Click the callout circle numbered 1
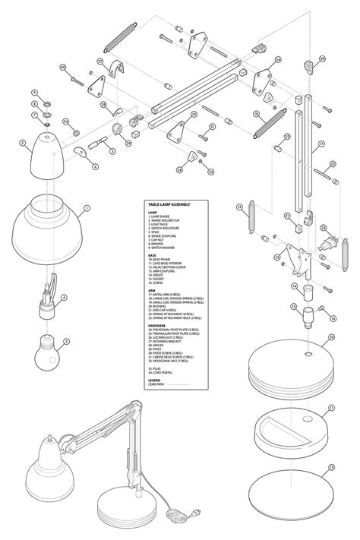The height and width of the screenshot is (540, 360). [87, 207]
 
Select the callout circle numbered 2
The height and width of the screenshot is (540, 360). [23, 142]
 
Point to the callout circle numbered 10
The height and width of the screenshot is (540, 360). [331, 336]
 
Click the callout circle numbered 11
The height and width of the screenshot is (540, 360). [331, 408]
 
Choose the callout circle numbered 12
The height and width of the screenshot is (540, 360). [331, 466]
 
